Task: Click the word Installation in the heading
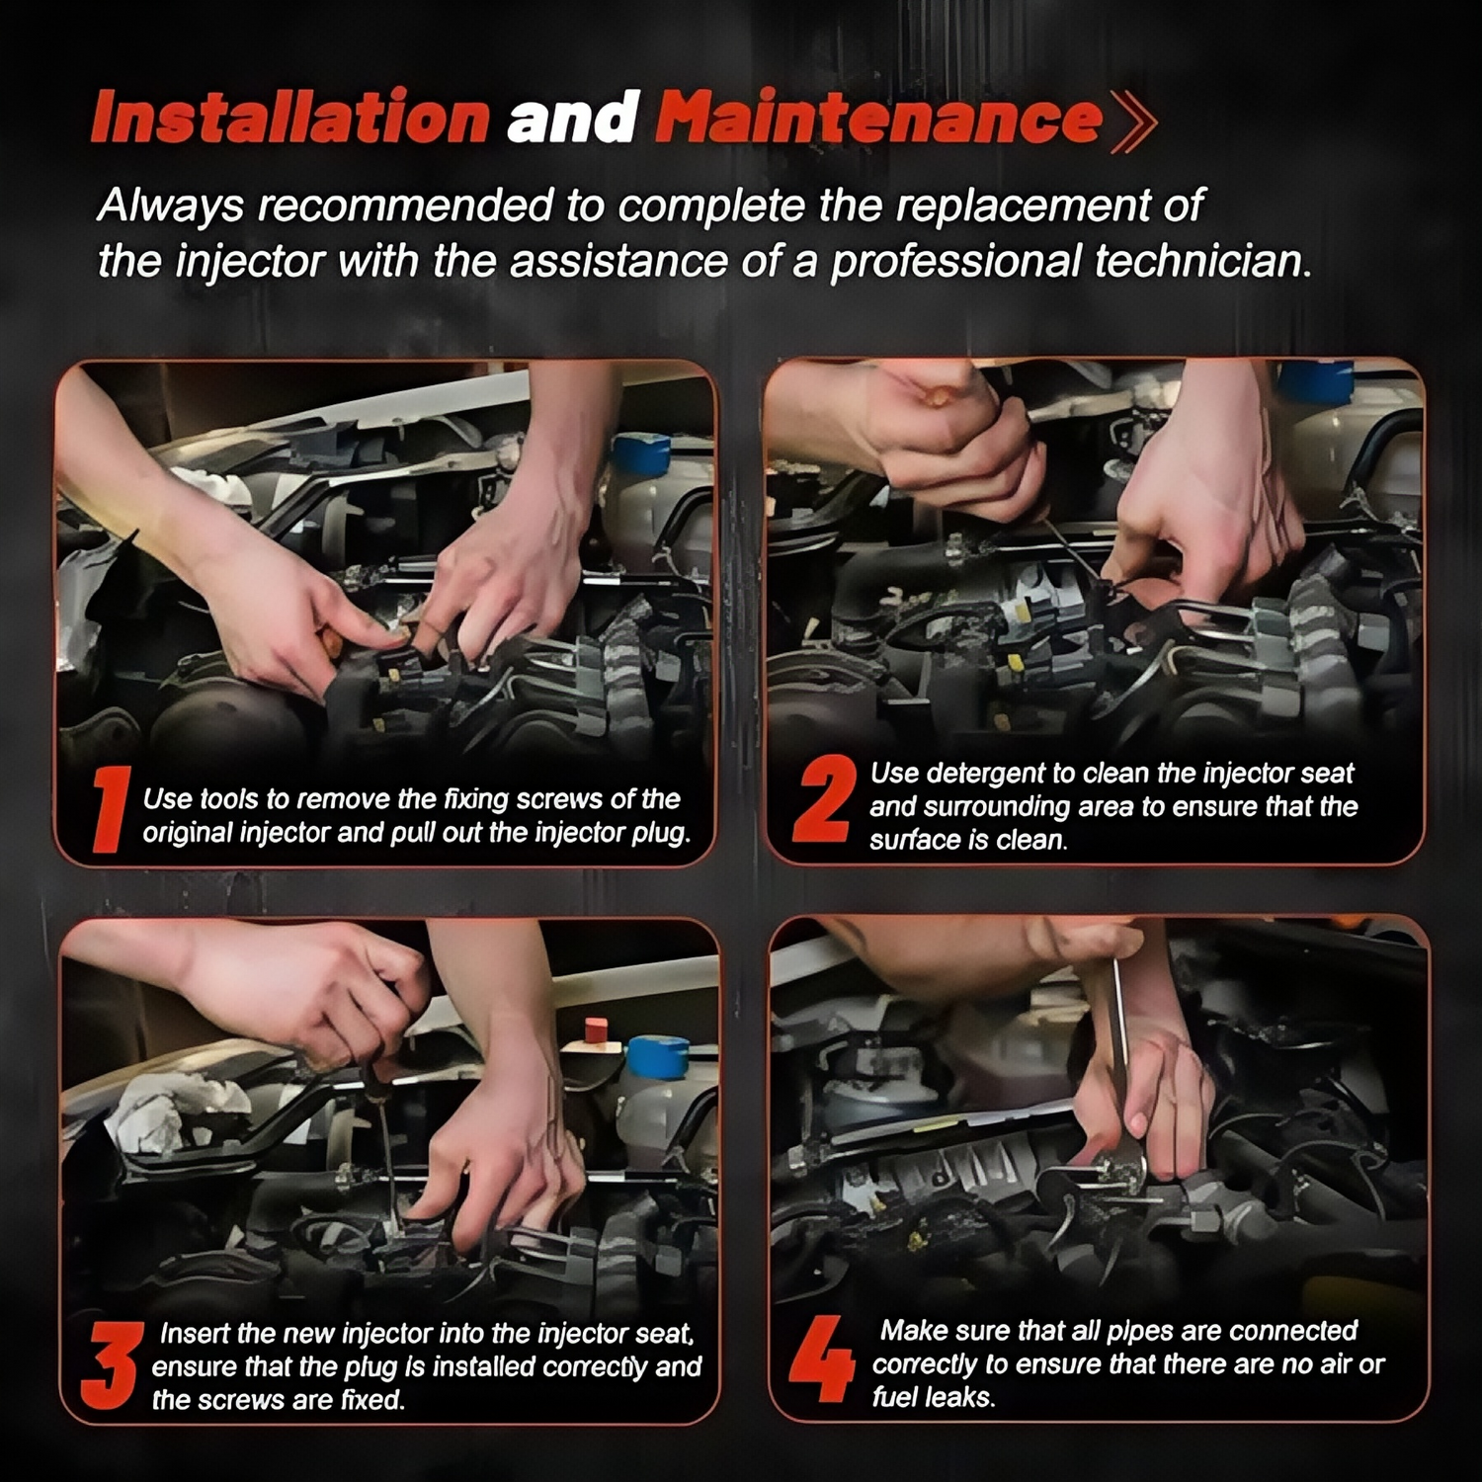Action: (289, 118)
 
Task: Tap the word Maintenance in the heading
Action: (878, 118)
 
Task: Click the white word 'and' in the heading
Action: (572, 118)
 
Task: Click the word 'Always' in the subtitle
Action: (170, 207)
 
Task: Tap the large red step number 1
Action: (111, 809)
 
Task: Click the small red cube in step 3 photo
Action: (596, 1029)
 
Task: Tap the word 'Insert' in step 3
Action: (195, 1334)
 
